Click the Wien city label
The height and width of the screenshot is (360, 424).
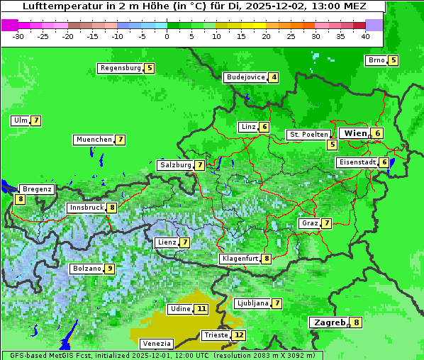(355, 133)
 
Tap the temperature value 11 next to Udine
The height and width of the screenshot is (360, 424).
(202, 309)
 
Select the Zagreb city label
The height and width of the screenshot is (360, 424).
(329, 322)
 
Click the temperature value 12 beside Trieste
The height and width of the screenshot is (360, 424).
(239, 335)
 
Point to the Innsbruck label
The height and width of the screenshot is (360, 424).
(85, 208)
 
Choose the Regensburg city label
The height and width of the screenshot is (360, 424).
(120, 68)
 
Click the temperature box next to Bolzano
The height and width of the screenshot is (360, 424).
(109, 269)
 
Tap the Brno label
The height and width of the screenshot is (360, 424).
(376, 60)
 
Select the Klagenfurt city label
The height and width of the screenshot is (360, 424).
(239, 259)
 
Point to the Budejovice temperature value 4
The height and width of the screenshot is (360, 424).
(274, 77)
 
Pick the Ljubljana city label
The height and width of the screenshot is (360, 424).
(252, 303)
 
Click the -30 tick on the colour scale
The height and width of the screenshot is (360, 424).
(18, 36)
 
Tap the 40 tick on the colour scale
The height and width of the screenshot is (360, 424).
(365, 36)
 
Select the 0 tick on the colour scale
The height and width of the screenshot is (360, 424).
(167, 36)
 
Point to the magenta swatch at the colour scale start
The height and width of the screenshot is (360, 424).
(9, 25)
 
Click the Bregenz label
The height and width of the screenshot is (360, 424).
(37, 189)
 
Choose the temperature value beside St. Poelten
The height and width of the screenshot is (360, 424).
(332, 145)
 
